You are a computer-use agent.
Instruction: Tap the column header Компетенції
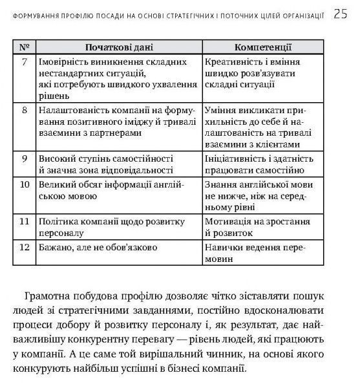[x=263, y=47]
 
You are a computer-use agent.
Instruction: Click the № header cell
[x=24, y=47]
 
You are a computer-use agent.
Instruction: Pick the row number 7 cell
[x=24, y=62]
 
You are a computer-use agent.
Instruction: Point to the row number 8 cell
[x=24, y=110]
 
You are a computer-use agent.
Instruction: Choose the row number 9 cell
[x=24, y=158]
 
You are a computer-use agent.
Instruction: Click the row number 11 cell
[x=24, y=222]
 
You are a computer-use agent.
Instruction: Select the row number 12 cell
[x=24, y=248]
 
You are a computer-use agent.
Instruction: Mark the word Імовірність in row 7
[x=66, y=62]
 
